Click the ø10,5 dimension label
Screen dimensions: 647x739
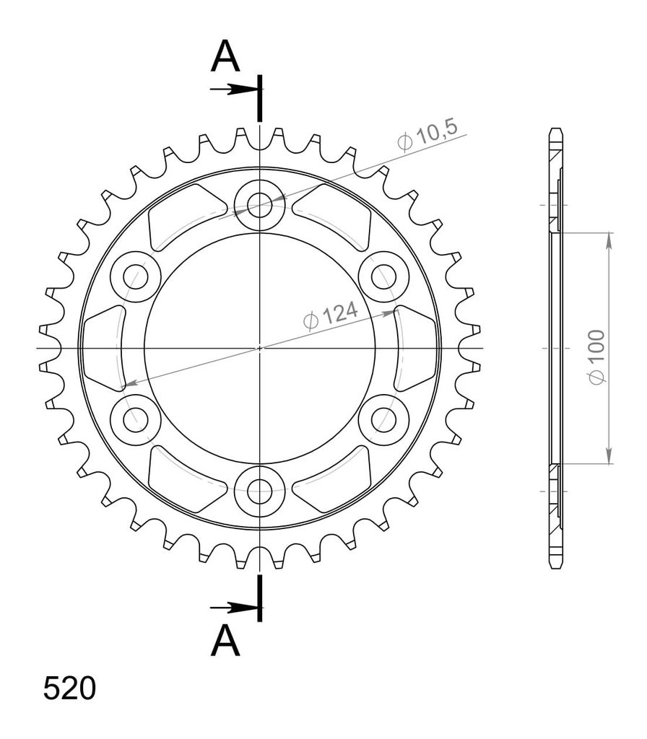(x=427, y=135)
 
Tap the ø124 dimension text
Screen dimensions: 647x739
(x=331, y=315)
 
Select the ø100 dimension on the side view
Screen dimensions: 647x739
(x=596, y=357)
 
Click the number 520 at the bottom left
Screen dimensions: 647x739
(x=70, y=688)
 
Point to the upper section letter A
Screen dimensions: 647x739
(x=225, y=56)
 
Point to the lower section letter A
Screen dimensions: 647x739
(x=225, y=640)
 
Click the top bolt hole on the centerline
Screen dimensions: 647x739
(x=259, y=205)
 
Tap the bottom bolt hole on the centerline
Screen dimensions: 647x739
(x=259, y=491)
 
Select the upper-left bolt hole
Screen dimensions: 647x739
(x=136, y=276)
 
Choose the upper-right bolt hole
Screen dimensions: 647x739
(x=383, y=276)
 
